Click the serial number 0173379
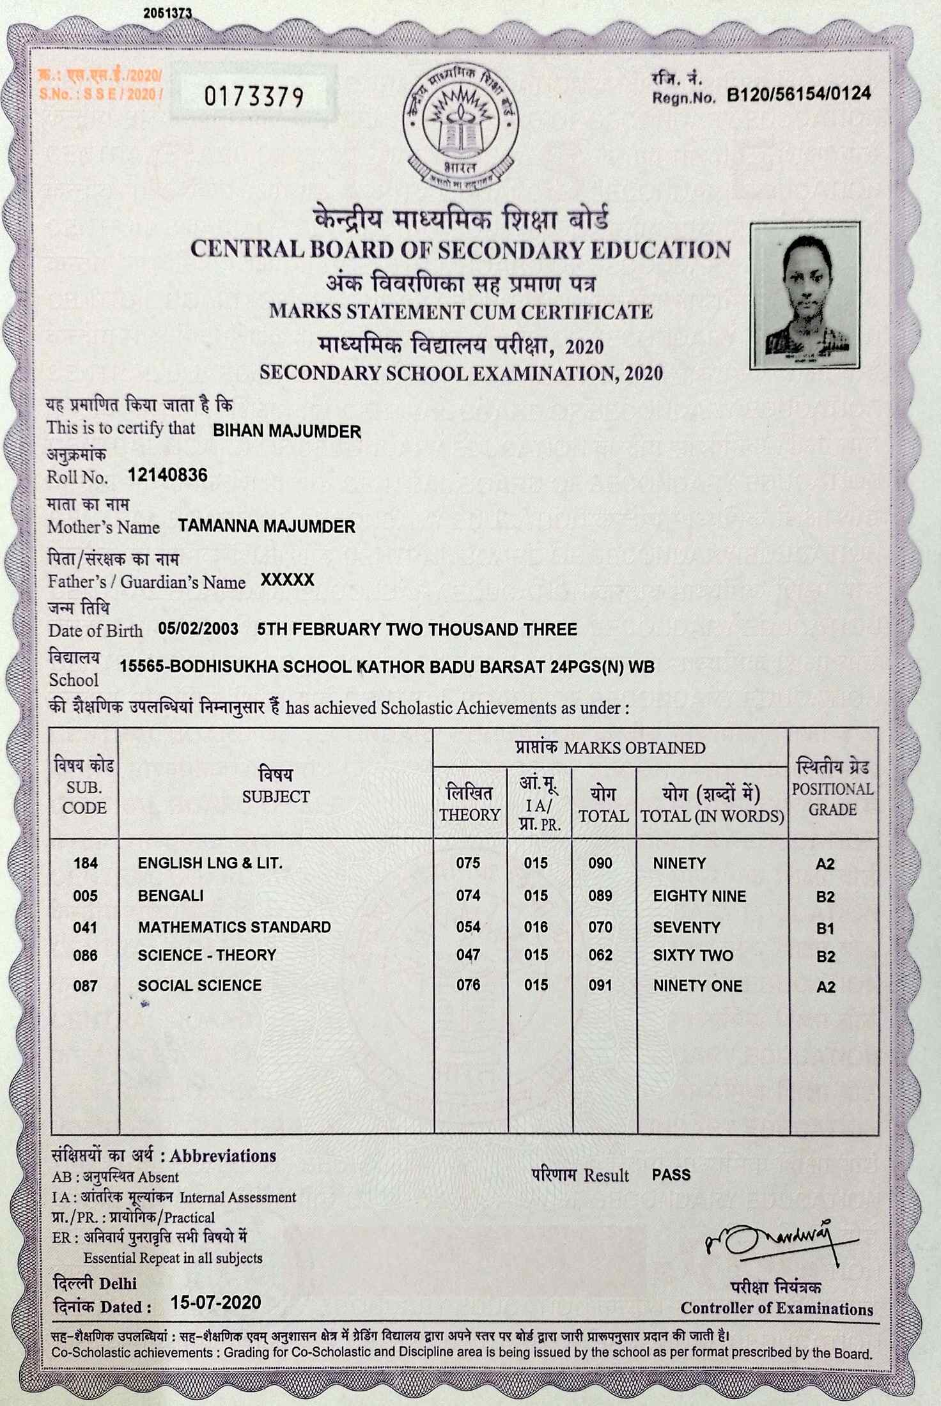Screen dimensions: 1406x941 click(254, 97)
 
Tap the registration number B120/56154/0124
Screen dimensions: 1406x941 click(799, 95)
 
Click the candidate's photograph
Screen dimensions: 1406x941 click(805, 296)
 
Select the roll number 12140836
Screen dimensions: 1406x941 click(167, 475)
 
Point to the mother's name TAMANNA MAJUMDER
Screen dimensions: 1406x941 click(267, 527)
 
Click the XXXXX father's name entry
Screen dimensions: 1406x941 click(287, 580)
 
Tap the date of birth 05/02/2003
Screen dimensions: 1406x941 click(198, 629)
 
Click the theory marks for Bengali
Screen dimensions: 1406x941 click(468, 895)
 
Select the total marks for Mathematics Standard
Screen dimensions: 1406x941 click(600, 927)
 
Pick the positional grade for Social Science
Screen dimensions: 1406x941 click(825, 987)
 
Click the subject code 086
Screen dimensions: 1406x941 click(85, 955)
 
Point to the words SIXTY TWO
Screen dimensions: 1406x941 click(693, 955)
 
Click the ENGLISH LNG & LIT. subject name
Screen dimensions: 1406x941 click(210, 863)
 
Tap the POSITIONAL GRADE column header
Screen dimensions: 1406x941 click(832, 798)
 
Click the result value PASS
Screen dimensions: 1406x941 click(671, 1175)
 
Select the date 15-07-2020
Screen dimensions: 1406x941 click(215, 1302)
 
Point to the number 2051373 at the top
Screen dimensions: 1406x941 click(167, 13)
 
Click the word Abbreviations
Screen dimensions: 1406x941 click(223, 1155)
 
